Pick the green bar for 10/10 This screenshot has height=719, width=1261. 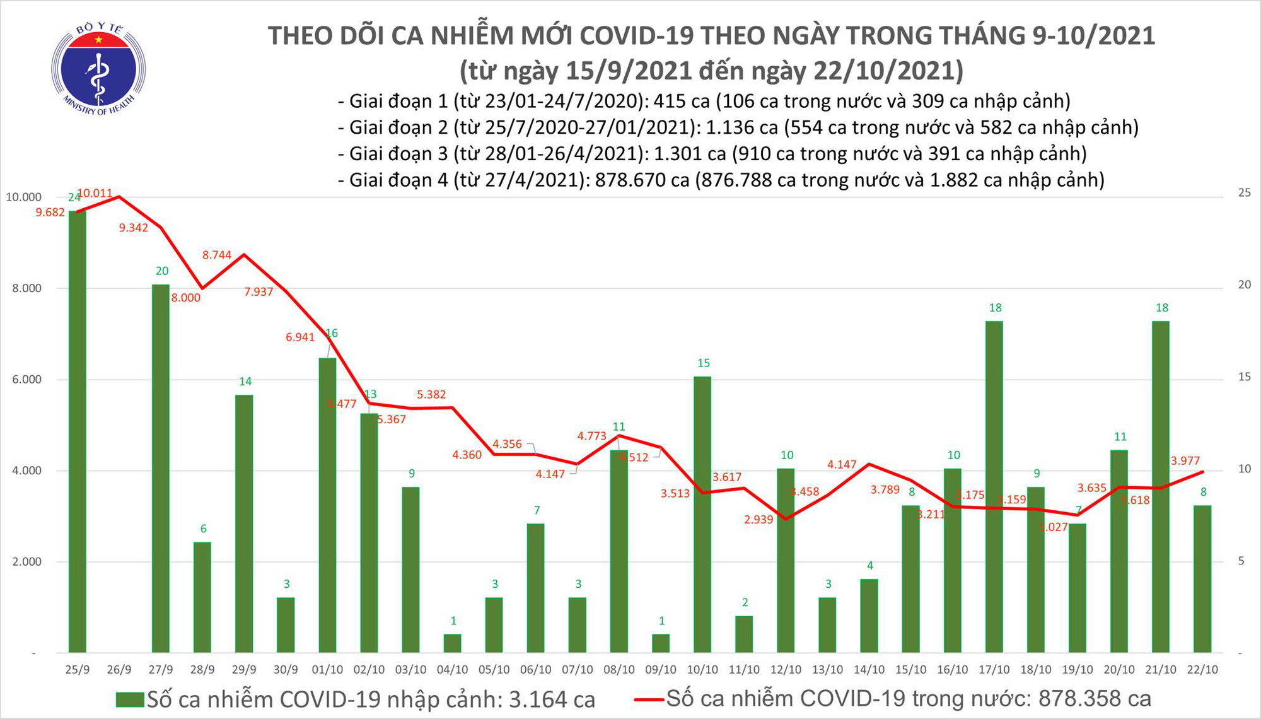click(702, 515)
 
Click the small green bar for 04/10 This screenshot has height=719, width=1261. click(452, 643)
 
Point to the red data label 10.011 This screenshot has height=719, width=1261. click(95, 194)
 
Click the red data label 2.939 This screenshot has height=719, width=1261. click(758, 520)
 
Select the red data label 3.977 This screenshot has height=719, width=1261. click(1185, 461)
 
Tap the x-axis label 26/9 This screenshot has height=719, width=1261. click(119, 670)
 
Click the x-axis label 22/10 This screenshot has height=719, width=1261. click(1202, 670)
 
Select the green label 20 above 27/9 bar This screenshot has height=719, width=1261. click(162, 271)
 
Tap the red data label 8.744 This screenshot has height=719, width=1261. click(217, 255)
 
